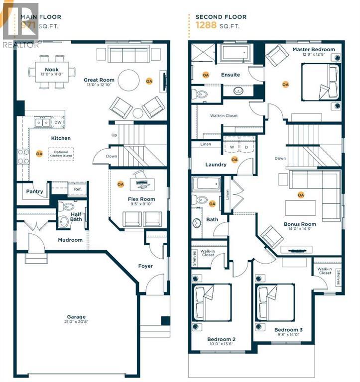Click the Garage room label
coord(77,317)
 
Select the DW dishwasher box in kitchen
coord(58,122)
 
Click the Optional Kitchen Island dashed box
coord(60,153)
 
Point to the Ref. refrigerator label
coord(78,189)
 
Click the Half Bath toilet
coord(64,221)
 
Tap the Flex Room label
coord(141,199)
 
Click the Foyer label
coord(145,266)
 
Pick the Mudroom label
coord(70,240)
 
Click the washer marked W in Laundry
coord(231,147)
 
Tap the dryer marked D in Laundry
coord(246,147)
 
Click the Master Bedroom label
coord(313,49)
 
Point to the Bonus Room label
coord(300,224)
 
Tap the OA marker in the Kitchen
coord(39,154)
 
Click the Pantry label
coord(34,191)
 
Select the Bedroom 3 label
coord(288,330)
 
